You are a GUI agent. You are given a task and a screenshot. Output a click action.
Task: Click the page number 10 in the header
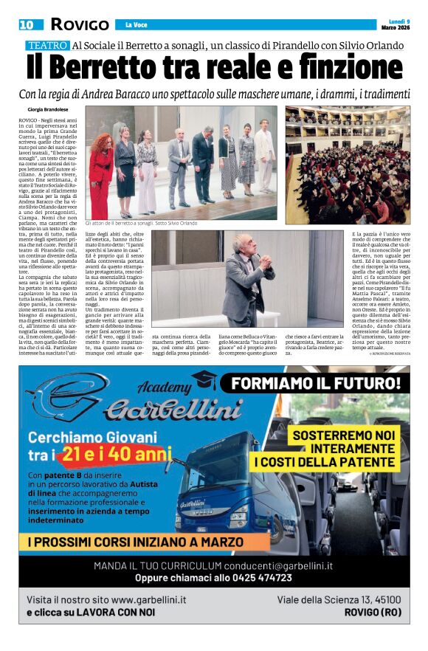(27, 24)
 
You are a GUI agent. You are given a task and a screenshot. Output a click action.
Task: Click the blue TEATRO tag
(48, 46)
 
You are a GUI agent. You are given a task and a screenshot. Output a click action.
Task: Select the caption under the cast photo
(151, 223)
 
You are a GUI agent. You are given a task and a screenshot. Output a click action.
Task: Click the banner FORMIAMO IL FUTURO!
(317, 384)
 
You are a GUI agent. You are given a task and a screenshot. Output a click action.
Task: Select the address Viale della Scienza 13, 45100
(339, 599)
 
